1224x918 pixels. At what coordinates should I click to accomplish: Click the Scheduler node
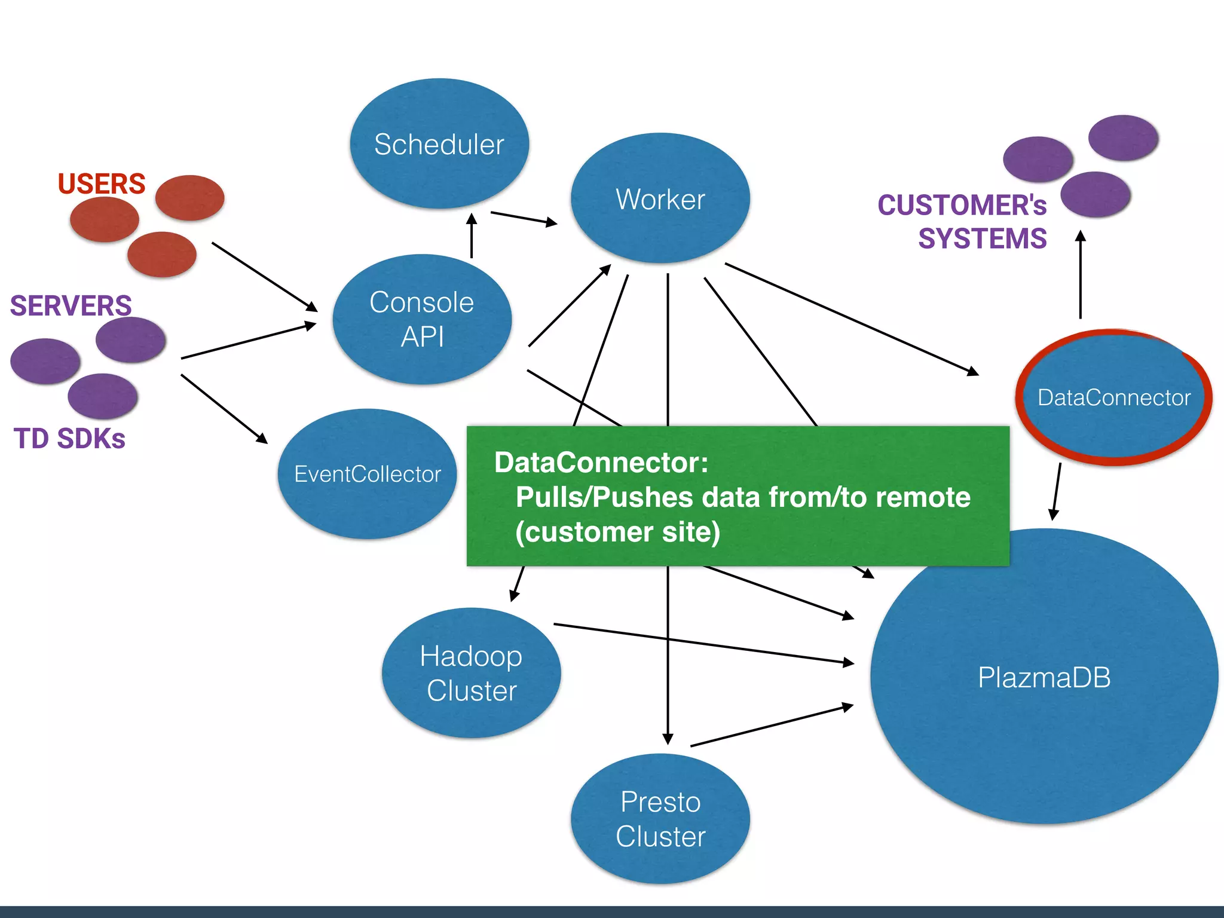click(439, 144)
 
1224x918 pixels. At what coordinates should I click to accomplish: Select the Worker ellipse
click(660, 198)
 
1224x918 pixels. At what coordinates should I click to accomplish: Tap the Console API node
click(422, 319)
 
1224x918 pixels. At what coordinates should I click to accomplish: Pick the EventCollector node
click(367, 474)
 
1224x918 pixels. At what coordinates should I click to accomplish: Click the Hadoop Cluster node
click(471, 673)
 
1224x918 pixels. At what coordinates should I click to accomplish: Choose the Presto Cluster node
click(660, 819)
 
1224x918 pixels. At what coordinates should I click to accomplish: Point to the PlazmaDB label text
click(1044, 678)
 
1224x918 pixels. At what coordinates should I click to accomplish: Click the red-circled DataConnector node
click(1113, 397)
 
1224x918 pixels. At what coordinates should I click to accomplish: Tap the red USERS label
click(102, 183)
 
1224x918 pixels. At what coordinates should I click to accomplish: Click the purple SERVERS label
click(71, 305)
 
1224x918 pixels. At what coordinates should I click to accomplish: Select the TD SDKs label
click(69, 439)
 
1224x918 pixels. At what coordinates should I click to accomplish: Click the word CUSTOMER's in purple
click(962, 205)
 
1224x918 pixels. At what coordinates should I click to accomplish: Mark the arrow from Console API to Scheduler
click(472, 236)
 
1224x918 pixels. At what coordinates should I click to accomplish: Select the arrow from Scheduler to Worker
click(523, 218)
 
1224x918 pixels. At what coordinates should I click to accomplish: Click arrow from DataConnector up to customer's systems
click(1080, 275)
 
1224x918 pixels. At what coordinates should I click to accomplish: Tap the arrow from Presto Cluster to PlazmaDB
click(771, 726)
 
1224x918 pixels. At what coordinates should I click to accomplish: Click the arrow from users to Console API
click(264, 277)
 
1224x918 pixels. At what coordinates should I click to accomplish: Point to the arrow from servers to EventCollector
click(224, 409)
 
